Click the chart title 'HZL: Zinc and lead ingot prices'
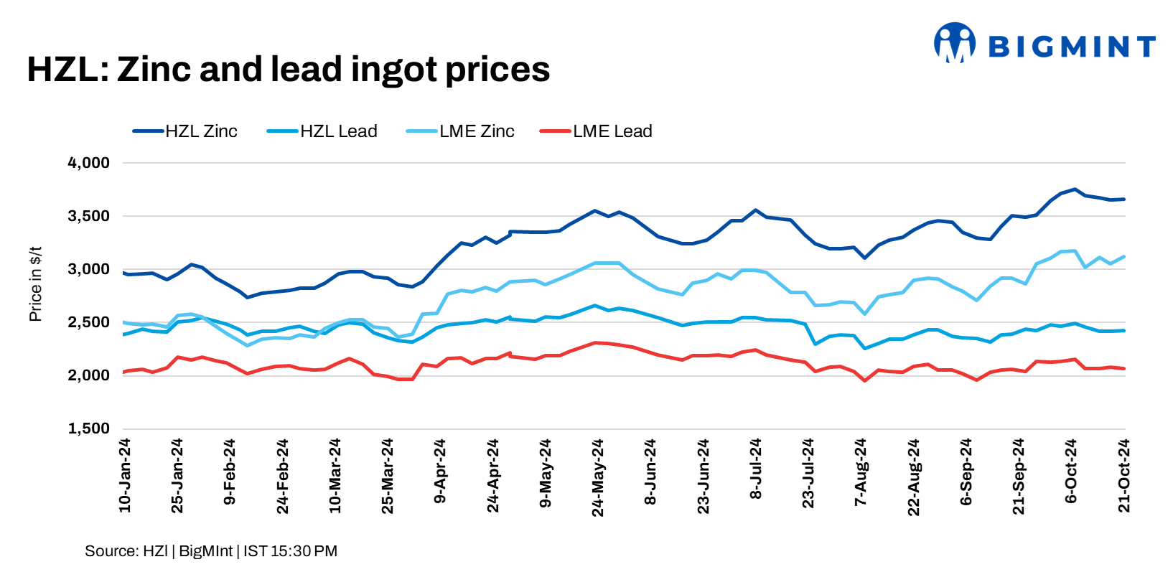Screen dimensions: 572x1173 tap(288, 70)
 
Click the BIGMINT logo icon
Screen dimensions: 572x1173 tap(954, 43)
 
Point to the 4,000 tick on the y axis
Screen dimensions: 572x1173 tap(88, 163)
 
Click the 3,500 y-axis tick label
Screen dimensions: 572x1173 tap(88, 216)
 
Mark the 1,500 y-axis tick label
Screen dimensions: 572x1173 tap(88, 428)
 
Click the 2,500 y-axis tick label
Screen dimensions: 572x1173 tap(88, 322)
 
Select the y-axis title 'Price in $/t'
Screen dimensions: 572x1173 tap(35, 284)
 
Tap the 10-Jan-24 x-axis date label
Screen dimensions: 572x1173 tap(125, 475)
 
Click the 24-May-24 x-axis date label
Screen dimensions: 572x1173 tap(598, 477)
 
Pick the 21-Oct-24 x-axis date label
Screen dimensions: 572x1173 tap(1124, 475)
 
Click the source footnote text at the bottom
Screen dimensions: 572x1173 tap(210, 551)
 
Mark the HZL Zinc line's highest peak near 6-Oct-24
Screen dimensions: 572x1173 tap(1074, 189)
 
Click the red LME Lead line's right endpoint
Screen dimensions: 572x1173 tap(1124, 369)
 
